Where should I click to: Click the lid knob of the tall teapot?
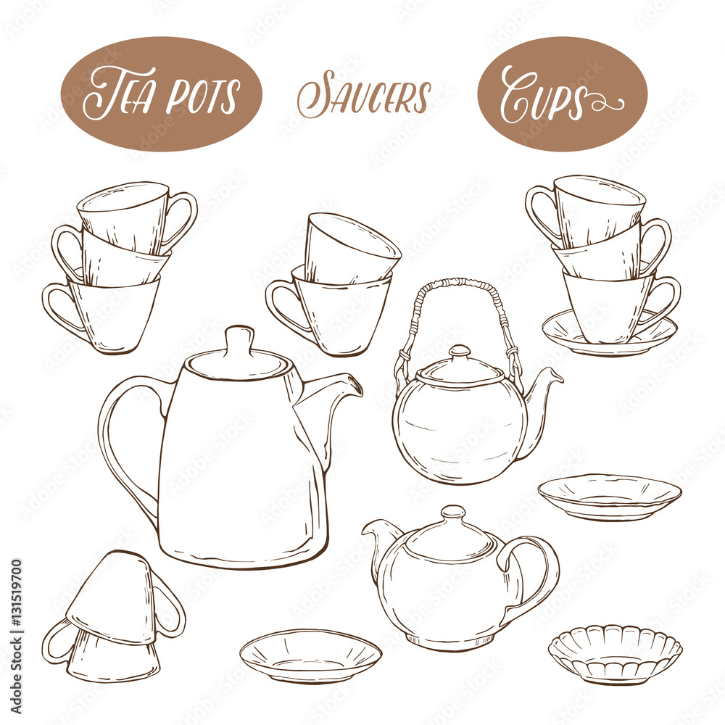pyautogui.click(x=241, y=341)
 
